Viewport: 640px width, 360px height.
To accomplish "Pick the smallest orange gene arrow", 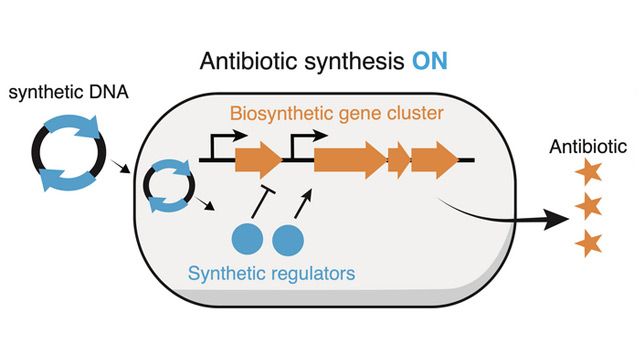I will (x=397, y=159).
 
